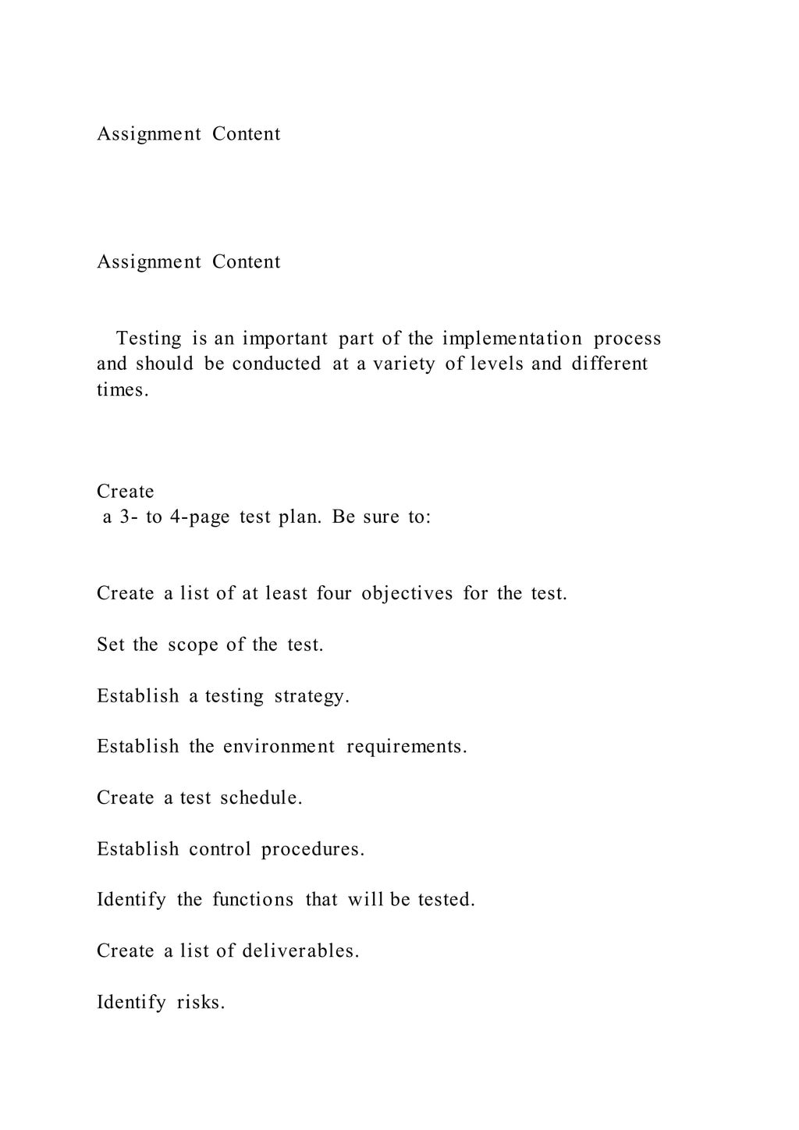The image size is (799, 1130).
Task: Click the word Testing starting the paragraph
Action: click(x=149, y=339)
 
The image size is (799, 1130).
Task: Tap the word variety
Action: click(x=404, y=364)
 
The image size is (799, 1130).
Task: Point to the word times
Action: click(x=123, y=389)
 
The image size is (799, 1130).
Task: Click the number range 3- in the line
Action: click(x=128, y=517)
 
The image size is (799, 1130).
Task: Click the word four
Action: click(x=334, y=593)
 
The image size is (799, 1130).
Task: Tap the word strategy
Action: click(x=311, y=695)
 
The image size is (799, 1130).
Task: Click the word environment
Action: click(x=279, y=747)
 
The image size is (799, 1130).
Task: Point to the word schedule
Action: click(x=261, y=798)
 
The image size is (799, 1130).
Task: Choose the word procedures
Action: click(x=313, y=849)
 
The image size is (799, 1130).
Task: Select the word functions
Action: click(x=254, y=900)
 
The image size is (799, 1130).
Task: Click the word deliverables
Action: click(x=300, y=951)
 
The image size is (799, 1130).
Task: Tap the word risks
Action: click(x=201, y=1002)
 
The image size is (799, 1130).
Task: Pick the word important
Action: click(x=285, y=339)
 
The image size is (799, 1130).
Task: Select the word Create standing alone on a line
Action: click(x=126, y=492)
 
